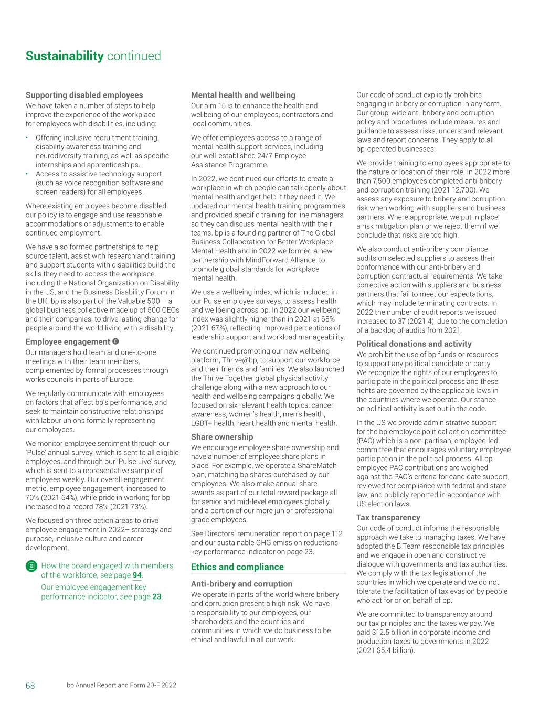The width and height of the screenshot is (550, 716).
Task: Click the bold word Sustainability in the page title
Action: (x=65, y=56)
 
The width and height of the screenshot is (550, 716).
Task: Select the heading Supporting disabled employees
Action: (x=84, y=95)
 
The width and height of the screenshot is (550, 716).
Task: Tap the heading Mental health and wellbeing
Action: (x=243, y=95)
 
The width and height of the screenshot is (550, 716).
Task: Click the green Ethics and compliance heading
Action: (x=237, y=567)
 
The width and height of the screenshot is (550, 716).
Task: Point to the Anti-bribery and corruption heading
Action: (x=241, y=583)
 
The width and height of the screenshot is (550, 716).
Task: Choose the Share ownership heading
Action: (x=222, y=436)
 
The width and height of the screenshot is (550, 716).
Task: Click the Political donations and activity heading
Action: (x=414, y=344)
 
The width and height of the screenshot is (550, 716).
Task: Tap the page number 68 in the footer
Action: (x=30, y=686)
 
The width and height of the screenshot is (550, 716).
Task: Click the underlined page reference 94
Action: (x=137, y=575)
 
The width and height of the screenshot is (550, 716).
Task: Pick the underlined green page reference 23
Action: (x=157, y=596)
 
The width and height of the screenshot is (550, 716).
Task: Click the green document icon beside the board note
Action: (x=31, y=566)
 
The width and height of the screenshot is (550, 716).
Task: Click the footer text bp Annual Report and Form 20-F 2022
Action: (x=121, y=686)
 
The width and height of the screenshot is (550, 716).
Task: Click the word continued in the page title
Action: (x=134, y=56)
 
